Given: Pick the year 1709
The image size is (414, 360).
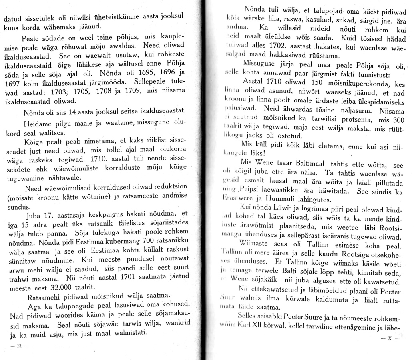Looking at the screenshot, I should click(123, 91).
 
